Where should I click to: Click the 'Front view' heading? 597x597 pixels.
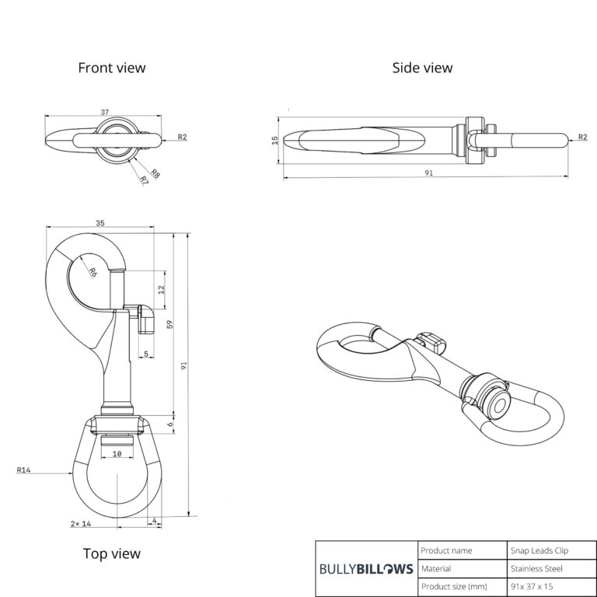click(x=112, y=68)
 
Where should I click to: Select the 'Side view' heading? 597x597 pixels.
click(x=422, y=68)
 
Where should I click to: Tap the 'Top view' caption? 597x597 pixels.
click(x=112, y=553)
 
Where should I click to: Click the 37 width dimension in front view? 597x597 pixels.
click(x=105, y=112)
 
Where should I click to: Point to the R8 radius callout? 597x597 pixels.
click(x=155, y=173)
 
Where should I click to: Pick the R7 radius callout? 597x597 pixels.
click(x=144, y=180)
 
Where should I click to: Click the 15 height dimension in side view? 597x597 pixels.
click(x=275, y=140)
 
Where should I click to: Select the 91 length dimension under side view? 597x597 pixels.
click(x=429, y=173)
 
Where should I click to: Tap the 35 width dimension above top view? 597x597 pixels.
click(x=99, y=223)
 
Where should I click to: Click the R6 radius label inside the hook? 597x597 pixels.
click(x=93, y=272)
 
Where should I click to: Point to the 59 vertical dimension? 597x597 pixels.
click(x=170, y=324)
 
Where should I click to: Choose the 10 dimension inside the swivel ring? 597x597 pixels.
click(x=117, y=454)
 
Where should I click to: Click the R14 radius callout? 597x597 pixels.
click(x=23, y=470)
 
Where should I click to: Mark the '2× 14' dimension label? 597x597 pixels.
click(x=81, y=524)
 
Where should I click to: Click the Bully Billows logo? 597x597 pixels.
click(x=366, y=569)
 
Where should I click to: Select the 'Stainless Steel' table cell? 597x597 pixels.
click(x=536, y=569)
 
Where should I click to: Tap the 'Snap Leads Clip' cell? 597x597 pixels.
click(x=539, y=550)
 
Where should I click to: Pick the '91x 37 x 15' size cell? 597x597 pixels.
click(x=532, y=586)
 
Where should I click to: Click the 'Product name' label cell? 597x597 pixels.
click(x=446, y=550)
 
